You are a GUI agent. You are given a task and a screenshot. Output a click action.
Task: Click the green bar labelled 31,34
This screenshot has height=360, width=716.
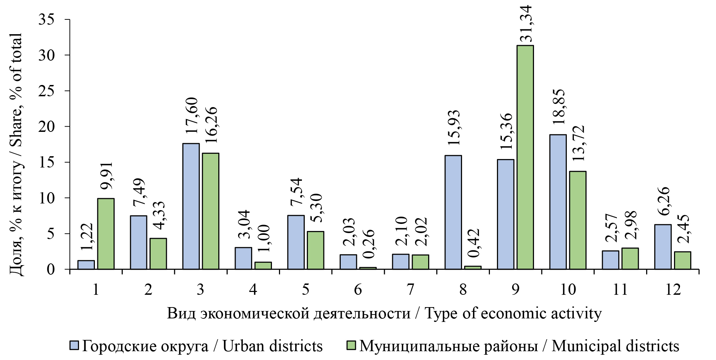[525, 157]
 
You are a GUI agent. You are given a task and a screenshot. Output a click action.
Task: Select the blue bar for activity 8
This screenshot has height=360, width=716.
[453, 212]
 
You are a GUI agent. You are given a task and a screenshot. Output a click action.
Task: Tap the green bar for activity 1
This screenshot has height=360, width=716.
[106, 234]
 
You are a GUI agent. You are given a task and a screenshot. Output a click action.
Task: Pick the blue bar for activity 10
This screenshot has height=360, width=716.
[558, 202]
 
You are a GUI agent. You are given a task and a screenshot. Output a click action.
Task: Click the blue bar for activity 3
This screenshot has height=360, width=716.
[191, 206]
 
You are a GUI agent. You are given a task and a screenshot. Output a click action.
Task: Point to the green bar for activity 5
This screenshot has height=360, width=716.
[315, 250]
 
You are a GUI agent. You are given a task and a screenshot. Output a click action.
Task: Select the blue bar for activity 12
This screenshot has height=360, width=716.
[663, 247]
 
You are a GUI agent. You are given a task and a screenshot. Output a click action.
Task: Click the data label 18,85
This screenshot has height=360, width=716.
[559, 106]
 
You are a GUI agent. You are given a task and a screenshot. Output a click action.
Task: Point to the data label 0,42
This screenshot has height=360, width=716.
[474, 243]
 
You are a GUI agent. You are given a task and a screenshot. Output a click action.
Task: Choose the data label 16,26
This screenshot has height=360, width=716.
[212, 124]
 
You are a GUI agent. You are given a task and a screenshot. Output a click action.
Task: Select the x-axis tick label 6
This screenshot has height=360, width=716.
[358, 290]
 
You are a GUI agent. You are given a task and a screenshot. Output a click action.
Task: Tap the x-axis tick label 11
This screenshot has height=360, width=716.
[620, 290]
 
